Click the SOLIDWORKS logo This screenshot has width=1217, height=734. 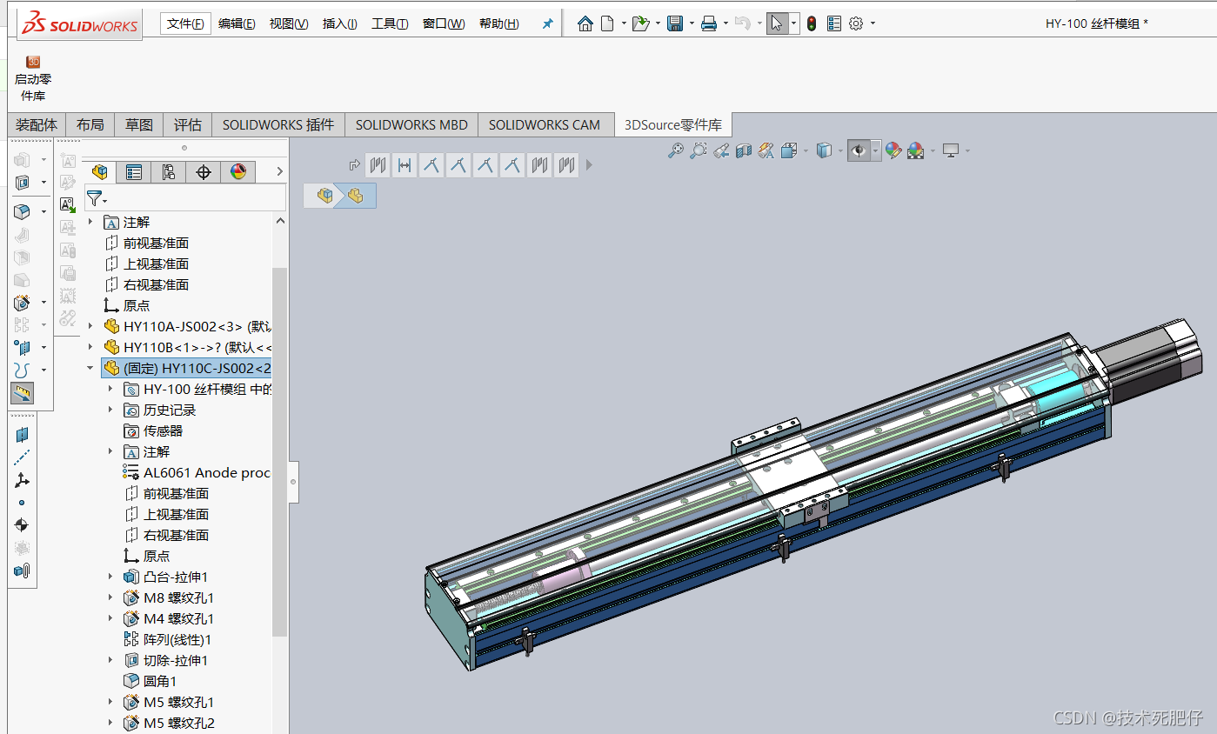80,23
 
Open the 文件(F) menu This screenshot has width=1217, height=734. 185,23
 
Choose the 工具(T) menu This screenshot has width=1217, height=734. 390,23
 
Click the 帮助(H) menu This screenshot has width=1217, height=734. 498,23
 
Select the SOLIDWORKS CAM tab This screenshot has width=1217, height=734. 544,125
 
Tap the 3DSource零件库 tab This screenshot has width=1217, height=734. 673,125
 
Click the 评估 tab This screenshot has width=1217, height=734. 187,125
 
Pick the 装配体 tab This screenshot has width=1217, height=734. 37,125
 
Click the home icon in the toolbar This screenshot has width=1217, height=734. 585,23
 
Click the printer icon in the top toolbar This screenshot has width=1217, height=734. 708,23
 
